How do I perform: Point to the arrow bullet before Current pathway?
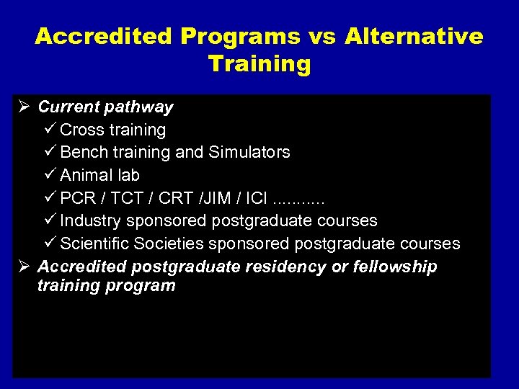[22, 107]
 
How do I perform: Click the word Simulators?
[249, 152]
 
